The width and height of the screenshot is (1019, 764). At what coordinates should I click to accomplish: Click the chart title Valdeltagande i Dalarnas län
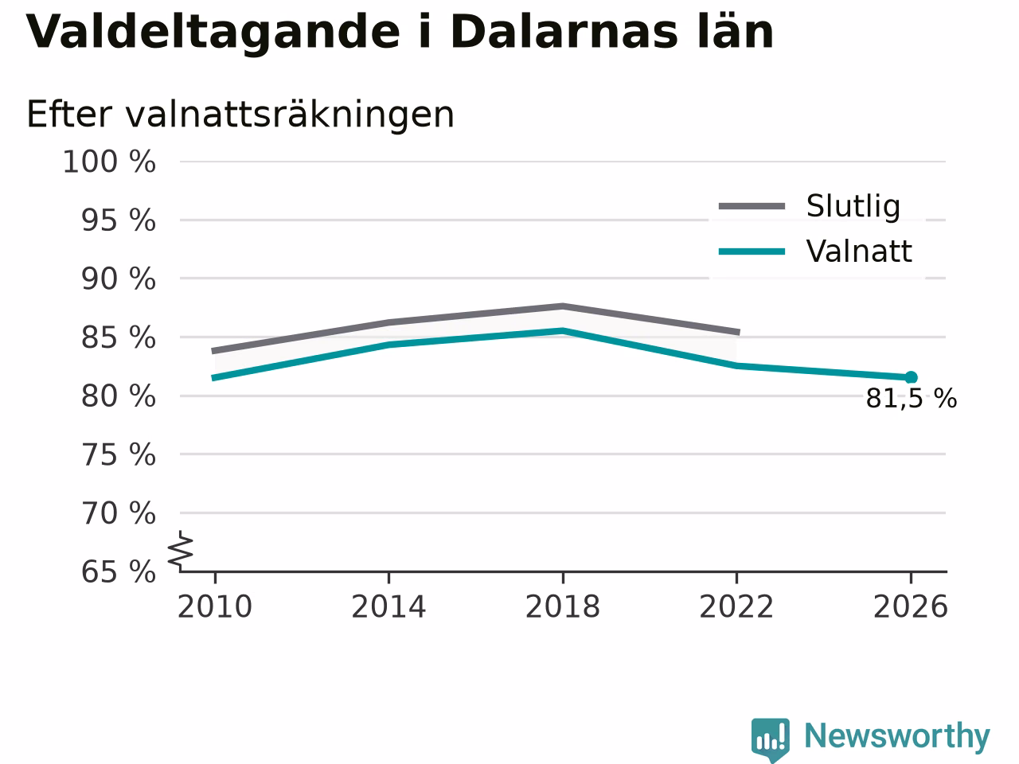[x=400, y=32]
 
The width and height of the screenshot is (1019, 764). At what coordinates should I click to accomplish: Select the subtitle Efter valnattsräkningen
[x=240, y=115]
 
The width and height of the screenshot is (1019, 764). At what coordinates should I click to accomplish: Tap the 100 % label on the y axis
[x=109, y=162]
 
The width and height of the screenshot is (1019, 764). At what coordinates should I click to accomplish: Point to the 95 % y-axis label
[x=119, y=220]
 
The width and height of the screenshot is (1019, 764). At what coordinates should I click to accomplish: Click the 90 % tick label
[x=119, y=279]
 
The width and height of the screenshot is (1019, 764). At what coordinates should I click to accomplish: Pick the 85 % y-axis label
[x=119, y=337]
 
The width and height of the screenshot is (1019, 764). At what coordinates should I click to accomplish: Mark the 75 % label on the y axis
[x=119, y=454]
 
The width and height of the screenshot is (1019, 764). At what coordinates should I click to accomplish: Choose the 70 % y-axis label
[x=119, y=513]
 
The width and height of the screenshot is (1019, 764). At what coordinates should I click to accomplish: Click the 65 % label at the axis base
[x=119, y=572]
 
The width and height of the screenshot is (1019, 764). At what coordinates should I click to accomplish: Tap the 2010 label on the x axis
[x=214, y=606]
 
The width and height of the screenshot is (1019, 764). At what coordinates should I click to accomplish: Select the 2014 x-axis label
[x=388, y=606]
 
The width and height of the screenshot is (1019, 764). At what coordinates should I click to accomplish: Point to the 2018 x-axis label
[x=563, y=606]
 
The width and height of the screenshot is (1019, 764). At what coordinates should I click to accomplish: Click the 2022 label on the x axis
[x=736, y=606]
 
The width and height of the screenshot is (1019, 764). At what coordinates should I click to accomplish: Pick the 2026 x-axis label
[x=911, y=606]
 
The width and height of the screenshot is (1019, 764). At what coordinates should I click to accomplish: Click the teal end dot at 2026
[x=911, y=377]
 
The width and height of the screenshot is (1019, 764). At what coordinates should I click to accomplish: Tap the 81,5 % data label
[x=912, y=399]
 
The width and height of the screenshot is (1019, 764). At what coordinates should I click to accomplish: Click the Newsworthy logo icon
[x=771, y=739]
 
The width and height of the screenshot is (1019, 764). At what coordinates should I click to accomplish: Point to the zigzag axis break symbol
[x=180, y=551]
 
